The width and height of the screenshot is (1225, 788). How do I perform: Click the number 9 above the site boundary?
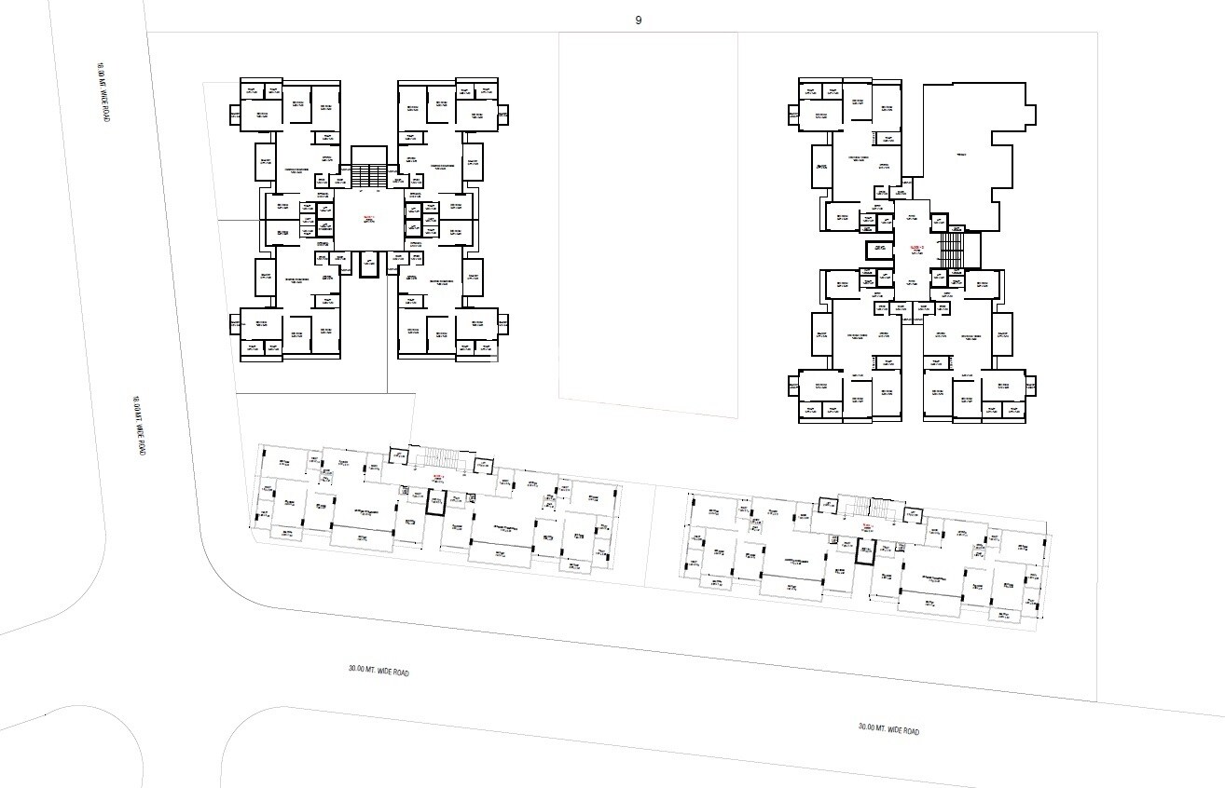tap(639, 20)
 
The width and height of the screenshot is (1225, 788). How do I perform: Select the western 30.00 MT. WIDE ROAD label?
tap(379, 670)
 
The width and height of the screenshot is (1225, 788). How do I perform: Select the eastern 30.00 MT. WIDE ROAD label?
tap(888, 727)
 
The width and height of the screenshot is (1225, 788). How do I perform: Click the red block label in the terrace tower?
tap(915, 247)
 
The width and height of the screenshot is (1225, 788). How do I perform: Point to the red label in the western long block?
tap(437, 476)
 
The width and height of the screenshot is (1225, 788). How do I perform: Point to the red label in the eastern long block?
tap(867, 527)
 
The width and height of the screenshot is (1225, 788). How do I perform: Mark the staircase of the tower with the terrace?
tap(950, 249)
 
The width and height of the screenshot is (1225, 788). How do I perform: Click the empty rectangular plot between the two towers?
tap(647, 219)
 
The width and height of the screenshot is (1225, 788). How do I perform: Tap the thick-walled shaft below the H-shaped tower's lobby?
tap(367, 265)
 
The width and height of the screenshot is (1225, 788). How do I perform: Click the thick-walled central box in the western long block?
tap(435, 502)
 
